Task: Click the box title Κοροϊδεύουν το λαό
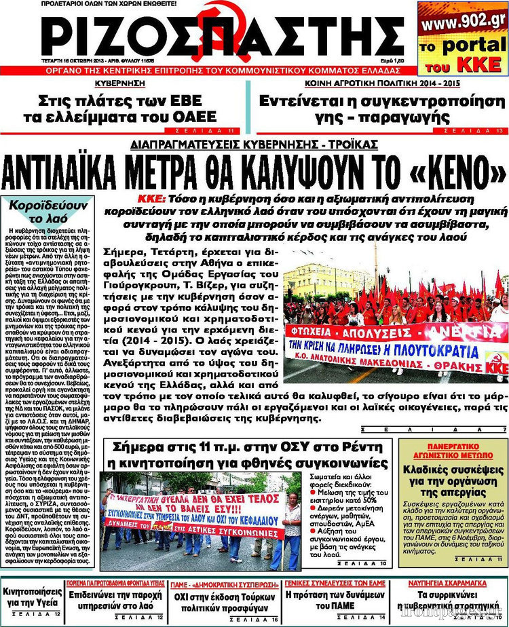pos(49,211)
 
